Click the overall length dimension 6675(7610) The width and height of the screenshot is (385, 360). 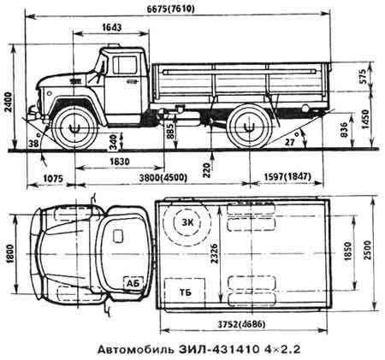click(x=170, y=9)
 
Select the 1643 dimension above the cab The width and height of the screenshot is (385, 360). click(x=111, y=27)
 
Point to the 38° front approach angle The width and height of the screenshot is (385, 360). click(x=34, y=141)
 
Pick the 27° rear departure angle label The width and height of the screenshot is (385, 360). click(x=291, y=139)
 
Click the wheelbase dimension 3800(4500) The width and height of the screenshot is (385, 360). click(x=163, y=178)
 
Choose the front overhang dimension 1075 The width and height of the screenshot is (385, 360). click(x=53, y=179)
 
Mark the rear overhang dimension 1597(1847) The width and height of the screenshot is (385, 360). click(x=287, y=177)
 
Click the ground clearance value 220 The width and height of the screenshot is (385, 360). click(x=207, y=170)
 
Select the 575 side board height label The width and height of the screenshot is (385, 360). click(x=363, y=76)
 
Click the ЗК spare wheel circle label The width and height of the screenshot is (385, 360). click(x=187, y=223)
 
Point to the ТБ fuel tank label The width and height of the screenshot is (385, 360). click(x=186, y=292)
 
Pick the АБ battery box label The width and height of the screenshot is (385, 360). click(x=133, y=283)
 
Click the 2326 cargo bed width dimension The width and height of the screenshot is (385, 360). click(x=215, y=253)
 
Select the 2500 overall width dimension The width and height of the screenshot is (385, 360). click(x=368, y=251)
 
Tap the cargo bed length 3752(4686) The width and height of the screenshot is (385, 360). click(x=241, y=324)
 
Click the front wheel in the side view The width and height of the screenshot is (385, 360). click(x=75, y=128)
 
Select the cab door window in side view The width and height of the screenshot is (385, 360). click(x=125, y=65)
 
